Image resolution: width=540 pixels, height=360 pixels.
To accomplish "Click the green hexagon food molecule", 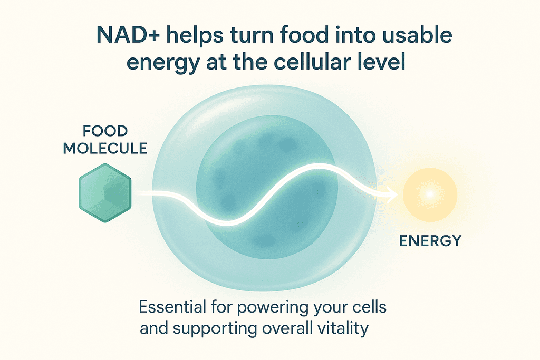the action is (x=105, y=193).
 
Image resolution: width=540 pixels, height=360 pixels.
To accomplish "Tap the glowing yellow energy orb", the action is (x=430, y=194).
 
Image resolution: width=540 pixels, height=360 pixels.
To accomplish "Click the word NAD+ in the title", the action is (x=128, y=35).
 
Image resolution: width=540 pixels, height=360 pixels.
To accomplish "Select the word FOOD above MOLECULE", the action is (x=105, y=131).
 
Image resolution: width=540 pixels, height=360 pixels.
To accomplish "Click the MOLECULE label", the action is (x=105, y=148).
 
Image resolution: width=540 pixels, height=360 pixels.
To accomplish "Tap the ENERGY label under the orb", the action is (x=430, y=240).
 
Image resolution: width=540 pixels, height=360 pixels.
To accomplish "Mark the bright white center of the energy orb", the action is (x=429, y=194).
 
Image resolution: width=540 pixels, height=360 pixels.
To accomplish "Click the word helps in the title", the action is (x=195, y=36).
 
